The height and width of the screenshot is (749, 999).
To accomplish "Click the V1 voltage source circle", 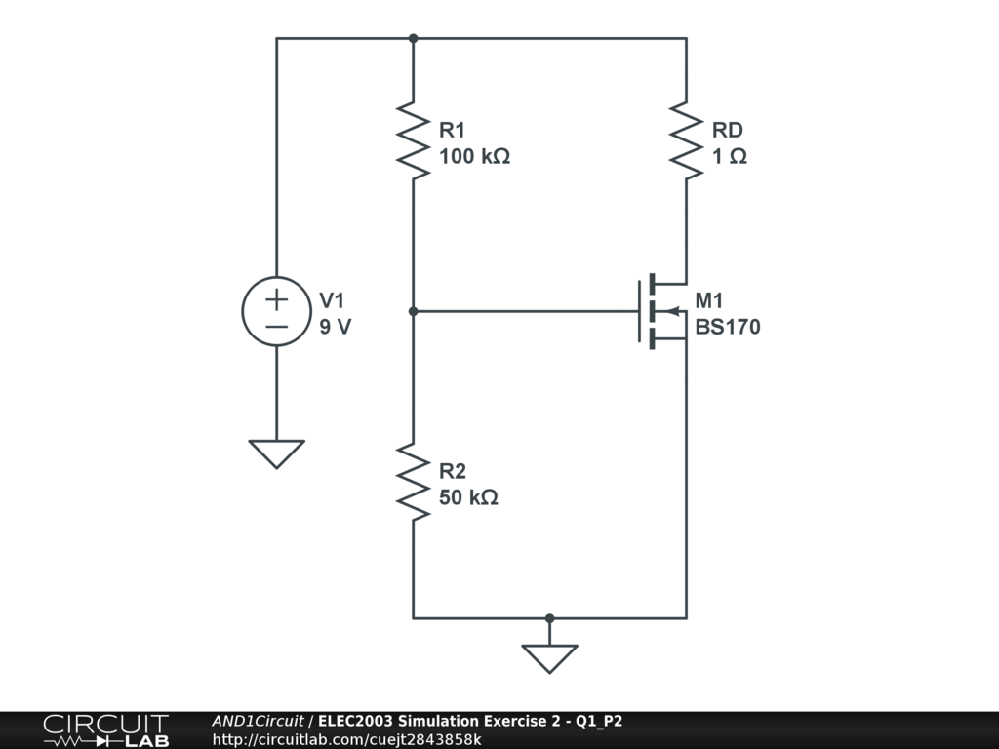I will point(276,311).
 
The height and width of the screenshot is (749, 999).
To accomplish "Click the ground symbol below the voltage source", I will point(276,453).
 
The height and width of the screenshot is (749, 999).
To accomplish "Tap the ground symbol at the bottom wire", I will point(549,657).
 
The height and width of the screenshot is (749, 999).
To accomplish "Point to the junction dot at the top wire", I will point(413,38).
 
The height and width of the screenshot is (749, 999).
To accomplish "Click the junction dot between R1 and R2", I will point(413,311).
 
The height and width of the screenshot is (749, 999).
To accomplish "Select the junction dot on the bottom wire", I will point(549,617).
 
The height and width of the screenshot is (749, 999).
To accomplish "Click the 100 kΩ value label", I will point(474,156).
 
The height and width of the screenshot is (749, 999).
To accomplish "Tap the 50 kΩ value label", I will point(468,497).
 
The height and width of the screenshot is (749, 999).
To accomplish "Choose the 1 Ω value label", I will point(729,156).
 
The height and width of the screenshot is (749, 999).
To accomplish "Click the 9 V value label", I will point(335,327).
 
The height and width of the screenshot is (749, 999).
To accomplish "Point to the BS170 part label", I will point(727,327).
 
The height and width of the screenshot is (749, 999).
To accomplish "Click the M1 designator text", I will point(709,300).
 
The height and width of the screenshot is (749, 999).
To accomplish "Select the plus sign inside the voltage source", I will point(276,298).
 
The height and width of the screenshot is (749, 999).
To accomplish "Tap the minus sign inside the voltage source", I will point(276,326).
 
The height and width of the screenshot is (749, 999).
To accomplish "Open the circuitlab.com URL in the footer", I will point(346,739).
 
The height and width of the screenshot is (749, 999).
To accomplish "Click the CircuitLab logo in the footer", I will point(105,730).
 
